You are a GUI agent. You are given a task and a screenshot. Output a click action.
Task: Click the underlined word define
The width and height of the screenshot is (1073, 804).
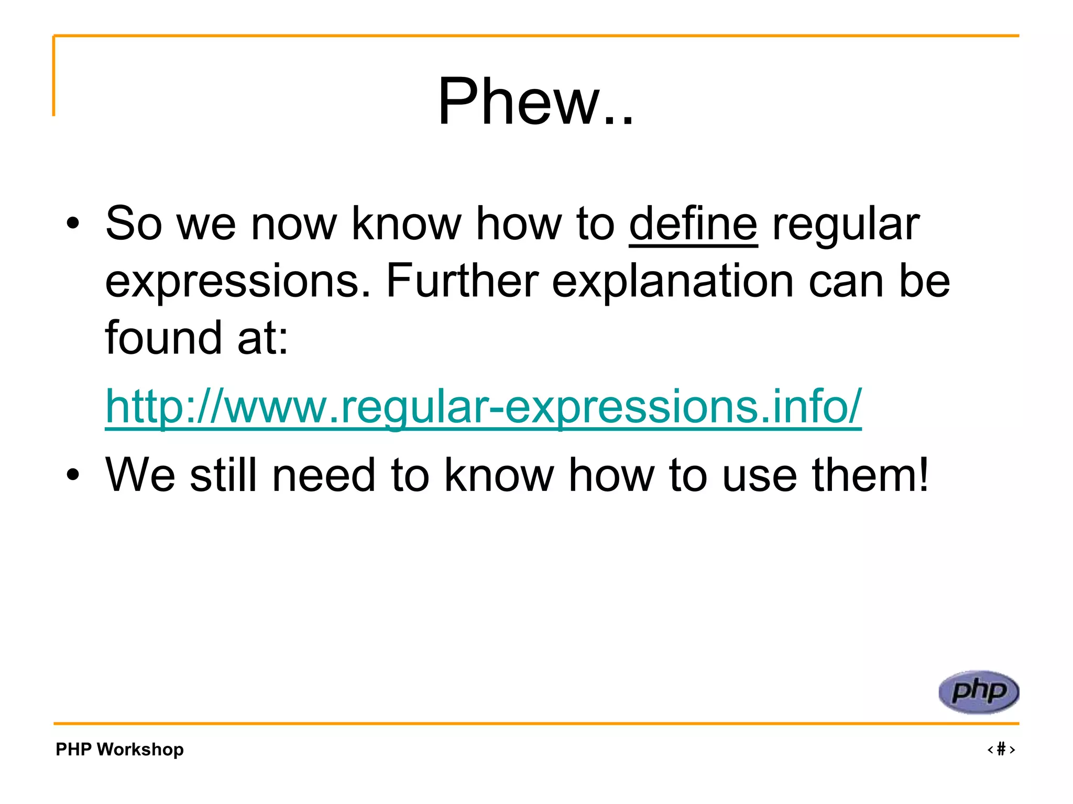pyautogui.click(x=693, y=224)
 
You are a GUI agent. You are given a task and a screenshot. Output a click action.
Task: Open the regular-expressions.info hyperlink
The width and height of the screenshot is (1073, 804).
pyautogui.click(x=483, y=407)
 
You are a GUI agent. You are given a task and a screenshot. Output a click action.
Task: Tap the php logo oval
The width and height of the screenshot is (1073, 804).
pyautogui.click(x=978, y=691)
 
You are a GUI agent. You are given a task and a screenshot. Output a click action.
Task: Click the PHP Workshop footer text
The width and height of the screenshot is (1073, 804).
pyautogui.click(x=119, y=749)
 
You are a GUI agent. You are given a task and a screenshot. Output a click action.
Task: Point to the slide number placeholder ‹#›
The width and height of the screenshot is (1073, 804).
pyautogui.click(x=1001, y=749)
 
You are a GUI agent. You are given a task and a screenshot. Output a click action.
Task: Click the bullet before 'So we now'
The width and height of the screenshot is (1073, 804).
pyautogui.click(x=73, y=225)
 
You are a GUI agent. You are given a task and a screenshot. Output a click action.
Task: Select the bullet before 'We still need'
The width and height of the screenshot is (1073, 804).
pyautogui.click(x=73, y=475)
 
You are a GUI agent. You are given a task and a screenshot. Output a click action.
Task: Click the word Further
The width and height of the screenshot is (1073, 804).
pyautogui.click(x=462, y=281)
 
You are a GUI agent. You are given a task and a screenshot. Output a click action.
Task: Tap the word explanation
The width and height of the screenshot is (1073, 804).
pyautogui.click(x=673, y=282)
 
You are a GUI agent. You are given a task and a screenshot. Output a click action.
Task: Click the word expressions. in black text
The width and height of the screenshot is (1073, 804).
pyautogui.click(x=238, y=282)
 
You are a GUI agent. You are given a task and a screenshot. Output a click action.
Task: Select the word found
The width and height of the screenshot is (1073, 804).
pyautogui.click(x=163, y=338)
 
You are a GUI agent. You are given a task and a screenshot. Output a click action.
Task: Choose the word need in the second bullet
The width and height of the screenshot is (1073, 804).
pyautogui.click(x=324, y=475)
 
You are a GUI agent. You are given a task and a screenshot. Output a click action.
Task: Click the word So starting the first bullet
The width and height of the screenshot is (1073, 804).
pyautogui.click(x=134, y=224)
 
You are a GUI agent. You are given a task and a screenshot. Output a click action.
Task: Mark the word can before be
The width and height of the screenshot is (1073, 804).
pyautogui.click(x=846, y=282)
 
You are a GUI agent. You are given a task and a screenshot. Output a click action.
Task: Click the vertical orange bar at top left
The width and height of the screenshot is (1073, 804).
pyautogui.click(x=53, y=76)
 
